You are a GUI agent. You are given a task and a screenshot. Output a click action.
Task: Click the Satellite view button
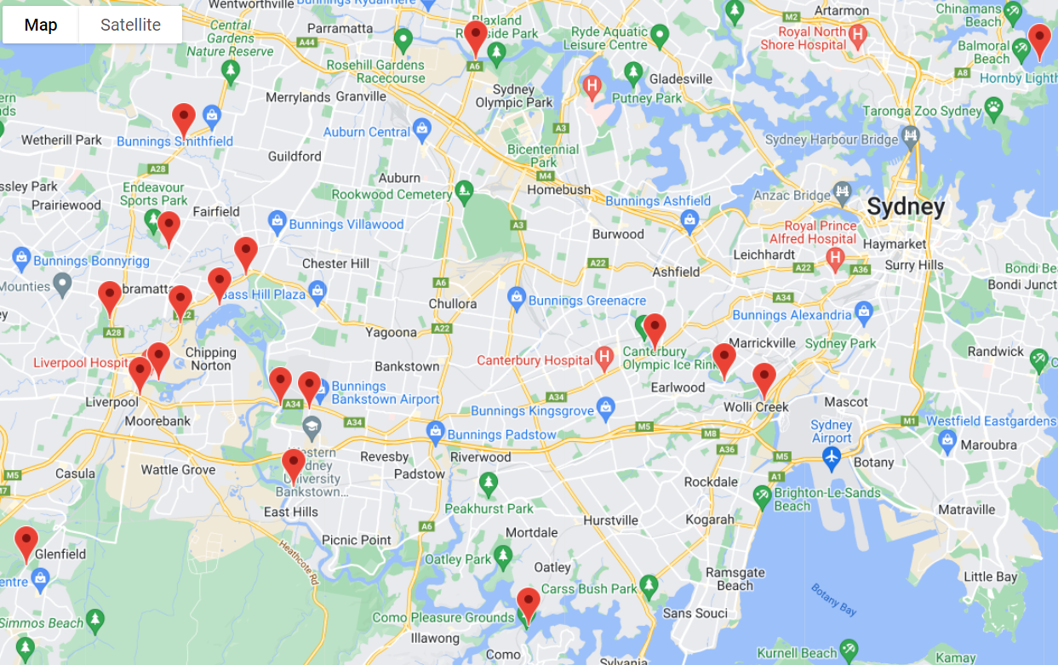(130, 25)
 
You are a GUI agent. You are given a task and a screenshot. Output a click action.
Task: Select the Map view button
(41, 25)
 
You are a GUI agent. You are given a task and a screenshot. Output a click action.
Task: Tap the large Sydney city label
(906, 207)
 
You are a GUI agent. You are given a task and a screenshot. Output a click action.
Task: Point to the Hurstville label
(610, 520)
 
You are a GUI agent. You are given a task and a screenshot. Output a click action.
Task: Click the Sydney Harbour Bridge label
(832, 140)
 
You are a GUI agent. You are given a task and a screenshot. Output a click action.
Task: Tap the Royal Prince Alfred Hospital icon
(836, 257)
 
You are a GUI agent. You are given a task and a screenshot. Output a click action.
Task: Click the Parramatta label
(340, 28)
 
